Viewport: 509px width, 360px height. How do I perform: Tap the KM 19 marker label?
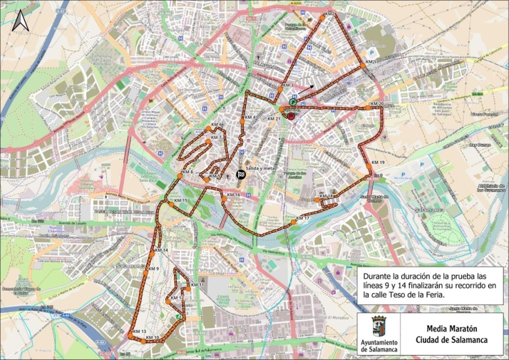tap(378, 163)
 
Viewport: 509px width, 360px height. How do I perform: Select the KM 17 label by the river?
tap(302, 217)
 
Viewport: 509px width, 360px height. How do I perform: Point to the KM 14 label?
tap(161, 251)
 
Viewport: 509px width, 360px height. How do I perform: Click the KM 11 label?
tap(197, 284)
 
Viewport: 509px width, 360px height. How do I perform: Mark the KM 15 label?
tap(180, 201)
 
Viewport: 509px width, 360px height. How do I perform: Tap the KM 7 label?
tap(217, 137)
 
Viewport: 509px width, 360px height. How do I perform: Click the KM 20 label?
tap(377, 103)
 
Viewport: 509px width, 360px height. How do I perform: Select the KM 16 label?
tap(232, 194)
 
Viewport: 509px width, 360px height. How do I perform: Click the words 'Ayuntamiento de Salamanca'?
tap(379, 346)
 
